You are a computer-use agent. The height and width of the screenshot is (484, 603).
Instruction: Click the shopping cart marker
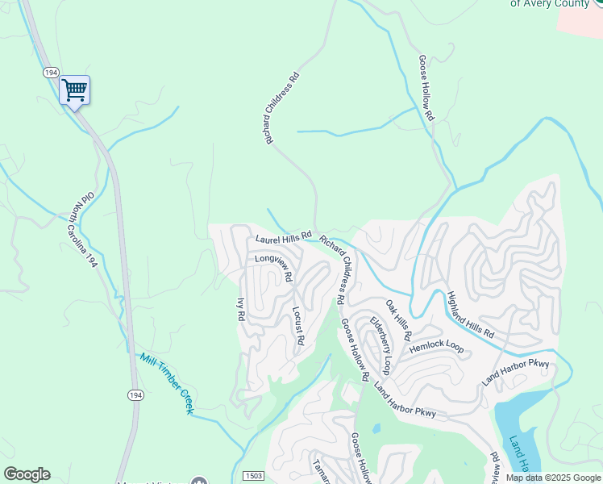point(74,89)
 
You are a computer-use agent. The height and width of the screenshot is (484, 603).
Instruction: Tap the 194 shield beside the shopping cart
point(51,73)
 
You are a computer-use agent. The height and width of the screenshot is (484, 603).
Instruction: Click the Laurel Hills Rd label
point(283,240)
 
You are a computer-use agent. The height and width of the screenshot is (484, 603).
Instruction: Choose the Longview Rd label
point(273,267)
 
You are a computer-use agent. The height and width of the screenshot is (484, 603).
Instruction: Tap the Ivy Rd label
point(239,311)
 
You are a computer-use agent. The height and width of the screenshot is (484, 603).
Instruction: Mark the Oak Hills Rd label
point(398,319)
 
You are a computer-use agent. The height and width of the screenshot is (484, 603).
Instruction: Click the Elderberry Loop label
point(380,345)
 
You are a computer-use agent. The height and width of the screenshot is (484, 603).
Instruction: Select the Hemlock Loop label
point(436,347)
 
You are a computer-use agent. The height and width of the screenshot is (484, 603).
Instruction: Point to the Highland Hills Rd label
point(470,315)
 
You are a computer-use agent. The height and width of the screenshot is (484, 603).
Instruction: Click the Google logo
point(27,474)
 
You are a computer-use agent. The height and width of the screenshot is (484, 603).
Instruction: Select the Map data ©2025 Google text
point(552,478)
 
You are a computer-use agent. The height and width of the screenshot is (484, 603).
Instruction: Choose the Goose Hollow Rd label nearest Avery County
point(426,88)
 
